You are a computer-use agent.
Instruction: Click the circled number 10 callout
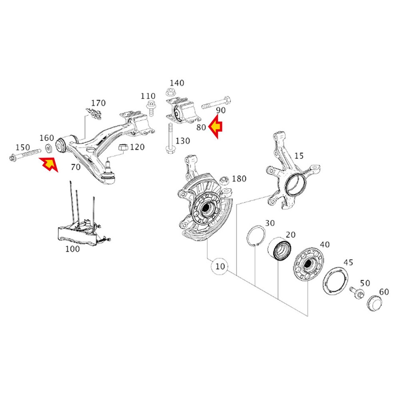pos(220,265)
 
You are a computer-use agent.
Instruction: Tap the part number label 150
pos(22,147)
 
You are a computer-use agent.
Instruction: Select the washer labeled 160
pos(48,148)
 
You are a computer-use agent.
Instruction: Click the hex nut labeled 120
pos(123,147)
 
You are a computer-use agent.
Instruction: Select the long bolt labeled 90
pos(217,102)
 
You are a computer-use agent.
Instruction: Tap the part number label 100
pos(72,249)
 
